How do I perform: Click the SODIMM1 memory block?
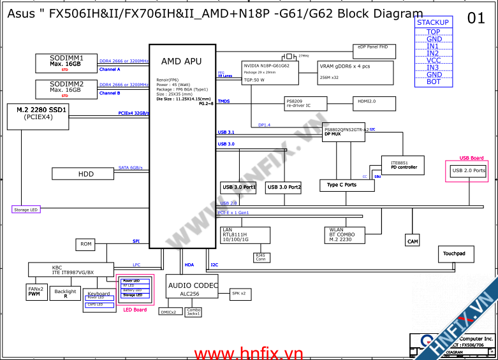[x=66, y=62]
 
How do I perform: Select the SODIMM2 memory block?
[x=66, y=89]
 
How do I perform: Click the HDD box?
[x=86, y=173]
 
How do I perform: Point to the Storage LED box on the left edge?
[x=26, y=209]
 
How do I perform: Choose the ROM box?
[x=86, y=244]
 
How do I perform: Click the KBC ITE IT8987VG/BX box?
[x=73, y=270]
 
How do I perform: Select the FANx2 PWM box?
[x=36, y=291]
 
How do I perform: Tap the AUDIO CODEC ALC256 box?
[x=192, y=287]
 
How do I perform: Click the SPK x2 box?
[x=238, y=294]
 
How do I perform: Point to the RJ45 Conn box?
[x=261, y=257]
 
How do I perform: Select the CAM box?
[x=413, y=241]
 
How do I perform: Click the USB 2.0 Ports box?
[x=469, y=171]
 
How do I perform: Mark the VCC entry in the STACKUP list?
[x=433, y=61]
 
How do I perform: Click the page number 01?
[x=476, y=18]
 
